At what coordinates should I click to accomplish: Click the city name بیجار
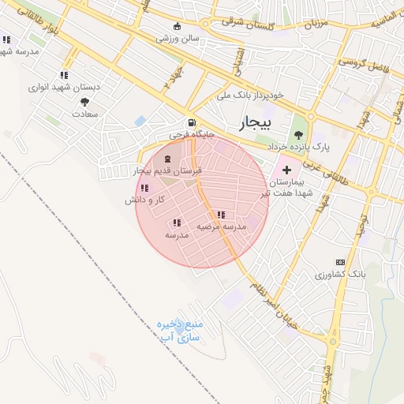(253, 124)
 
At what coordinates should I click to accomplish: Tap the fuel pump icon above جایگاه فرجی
(191, 123)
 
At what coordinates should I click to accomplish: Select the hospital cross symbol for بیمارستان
(286, 170)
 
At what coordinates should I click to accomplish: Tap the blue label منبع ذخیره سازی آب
(180, 331)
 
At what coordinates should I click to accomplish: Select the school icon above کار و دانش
(144, 188)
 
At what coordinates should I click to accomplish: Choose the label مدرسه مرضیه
(222, 226)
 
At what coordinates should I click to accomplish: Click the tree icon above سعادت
(63, 102)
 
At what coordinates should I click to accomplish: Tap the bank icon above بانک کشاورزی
(340, 262)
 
